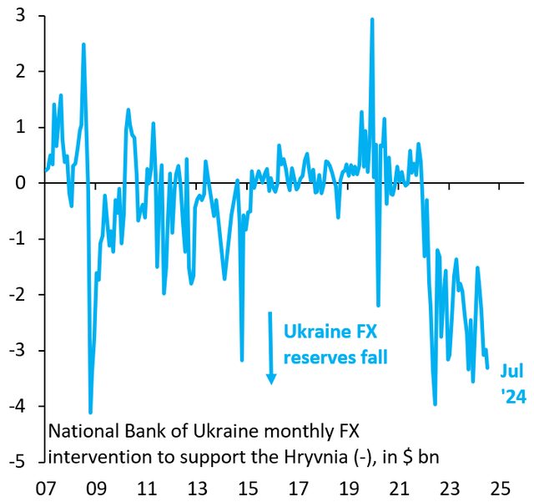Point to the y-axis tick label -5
pos(16,462)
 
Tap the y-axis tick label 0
pos(18,183)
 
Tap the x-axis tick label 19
pos(351,487)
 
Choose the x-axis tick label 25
pos(501,487)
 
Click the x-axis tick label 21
pos(401,487)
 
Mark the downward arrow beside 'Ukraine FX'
pos(271,347)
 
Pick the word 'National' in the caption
pos(80,433)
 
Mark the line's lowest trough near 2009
pos(90,412)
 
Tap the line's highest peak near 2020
pos(371,19)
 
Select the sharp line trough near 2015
pos(242,360)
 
